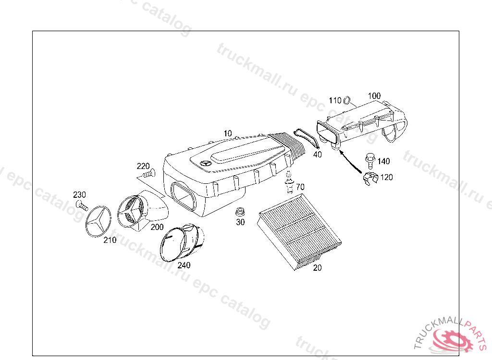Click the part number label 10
[228, 133]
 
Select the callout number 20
[317, 267]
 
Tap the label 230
[79, 194]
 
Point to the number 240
[184, 265]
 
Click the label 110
[335, 100]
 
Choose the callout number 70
[300, 187]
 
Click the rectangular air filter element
[299, 231]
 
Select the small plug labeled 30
[240, 212]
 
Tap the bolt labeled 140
[370, 160]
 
